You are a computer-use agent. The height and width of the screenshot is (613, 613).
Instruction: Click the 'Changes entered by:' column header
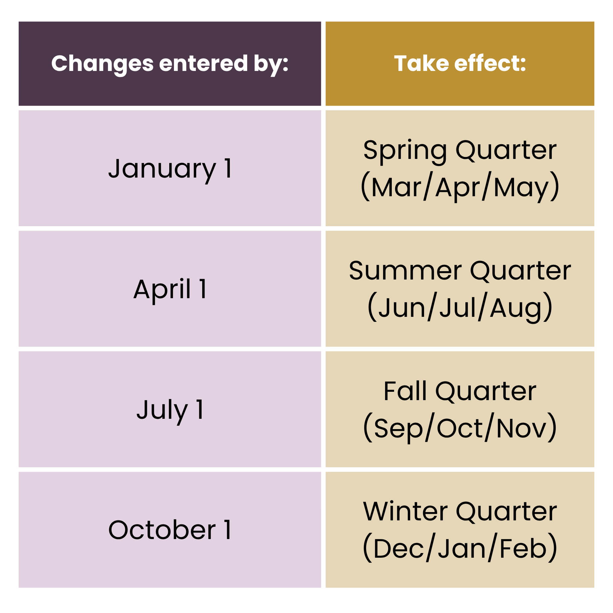[x=170, y=63]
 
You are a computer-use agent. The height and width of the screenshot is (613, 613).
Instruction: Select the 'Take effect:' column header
[x=460, y=63]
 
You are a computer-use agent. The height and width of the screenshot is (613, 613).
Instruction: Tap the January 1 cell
[x=170, y=169]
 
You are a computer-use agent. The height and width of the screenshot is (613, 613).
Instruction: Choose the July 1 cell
[x=170, y=409]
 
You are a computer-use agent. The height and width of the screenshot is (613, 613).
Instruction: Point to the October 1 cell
[x=170, y=530]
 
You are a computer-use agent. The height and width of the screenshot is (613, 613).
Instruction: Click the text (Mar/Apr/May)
[x=460, y=187]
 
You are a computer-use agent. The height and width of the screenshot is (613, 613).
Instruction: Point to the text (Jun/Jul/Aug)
[x=460, y=307]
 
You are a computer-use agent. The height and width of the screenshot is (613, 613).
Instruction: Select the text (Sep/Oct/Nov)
[x=460, y=428]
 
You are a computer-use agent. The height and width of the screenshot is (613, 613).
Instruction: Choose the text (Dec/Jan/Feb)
[x=460, y=549]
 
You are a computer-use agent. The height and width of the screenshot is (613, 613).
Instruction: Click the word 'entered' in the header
[x=203, y=63]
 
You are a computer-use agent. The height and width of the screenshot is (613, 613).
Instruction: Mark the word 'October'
[x=162, y=530]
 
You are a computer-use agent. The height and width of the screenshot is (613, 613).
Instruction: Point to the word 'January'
[x=162, y=169]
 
